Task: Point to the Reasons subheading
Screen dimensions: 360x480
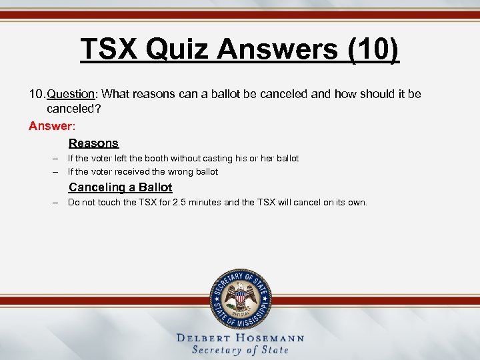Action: [93, 143]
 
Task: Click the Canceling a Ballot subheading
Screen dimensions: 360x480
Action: [120, 187]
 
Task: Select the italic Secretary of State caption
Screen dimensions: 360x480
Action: [240, 350]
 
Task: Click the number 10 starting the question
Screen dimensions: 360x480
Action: [35, 94]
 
